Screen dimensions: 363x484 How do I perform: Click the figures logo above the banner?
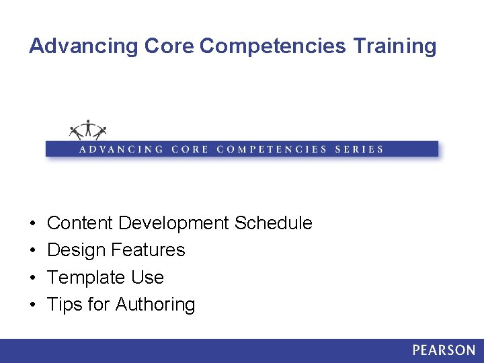coord(88,129)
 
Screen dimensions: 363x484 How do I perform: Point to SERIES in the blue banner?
coord(359,149)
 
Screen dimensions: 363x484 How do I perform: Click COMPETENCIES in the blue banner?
coord(272,149)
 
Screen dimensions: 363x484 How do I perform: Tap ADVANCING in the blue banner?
coord(121,149)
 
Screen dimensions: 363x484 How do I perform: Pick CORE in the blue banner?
coord(190,149)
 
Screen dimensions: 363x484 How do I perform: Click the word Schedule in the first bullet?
coord(274,223)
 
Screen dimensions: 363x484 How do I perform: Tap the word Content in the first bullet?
coord(80,223)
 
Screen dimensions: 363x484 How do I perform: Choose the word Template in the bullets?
coord(85,278)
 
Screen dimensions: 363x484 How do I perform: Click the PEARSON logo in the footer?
coord(444,350)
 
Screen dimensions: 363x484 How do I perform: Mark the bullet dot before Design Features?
coord(32,251)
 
